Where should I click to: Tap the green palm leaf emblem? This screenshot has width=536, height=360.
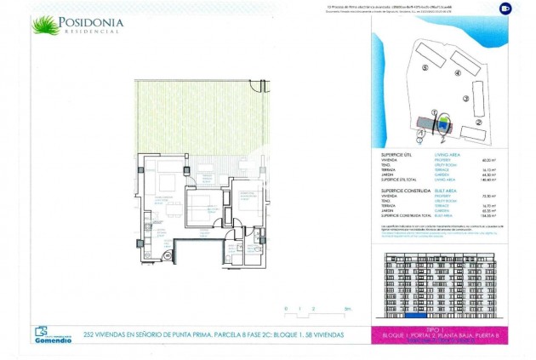click(47, 25)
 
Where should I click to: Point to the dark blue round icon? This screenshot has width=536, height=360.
click(505, 9)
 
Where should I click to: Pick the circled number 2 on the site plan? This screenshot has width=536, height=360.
click(479, 123)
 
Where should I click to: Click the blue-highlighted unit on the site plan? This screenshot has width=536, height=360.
click(442, 123)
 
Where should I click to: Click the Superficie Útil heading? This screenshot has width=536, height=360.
click(400, 154)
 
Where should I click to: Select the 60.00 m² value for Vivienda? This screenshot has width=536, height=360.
click(488, 159)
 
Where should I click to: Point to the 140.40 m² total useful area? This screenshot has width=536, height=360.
click(488, 180)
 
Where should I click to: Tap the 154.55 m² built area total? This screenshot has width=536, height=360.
click(488, 217)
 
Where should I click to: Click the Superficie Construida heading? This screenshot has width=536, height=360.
click(406, 191)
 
